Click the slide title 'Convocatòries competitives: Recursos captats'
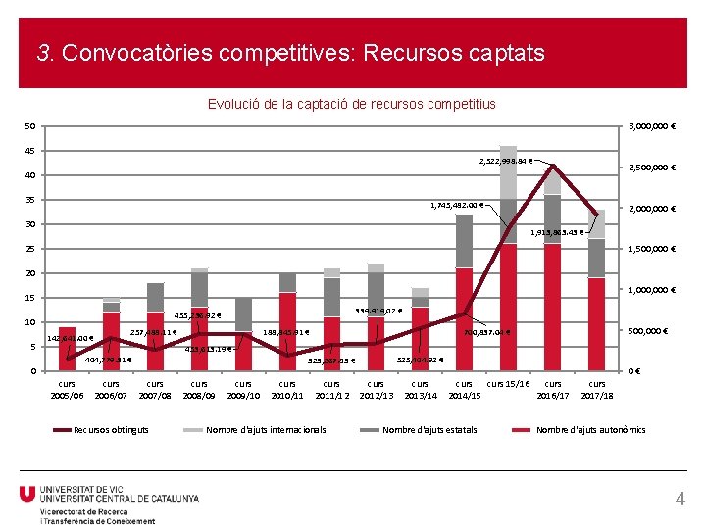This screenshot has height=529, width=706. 290,53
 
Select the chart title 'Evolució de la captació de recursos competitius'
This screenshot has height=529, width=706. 352,104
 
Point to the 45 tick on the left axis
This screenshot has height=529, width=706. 30,151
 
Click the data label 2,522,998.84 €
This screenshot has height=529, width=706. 506,161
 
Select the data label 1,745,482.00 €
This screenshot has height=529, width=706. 457,205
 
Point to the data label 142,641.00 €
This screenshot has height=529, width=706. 71,339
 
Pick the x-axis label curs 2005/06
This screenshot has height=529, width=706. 67,389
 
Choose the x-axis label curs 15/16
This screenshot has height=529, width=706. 508,384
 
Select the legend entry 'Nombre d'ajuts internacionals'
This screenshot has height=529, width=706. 266,430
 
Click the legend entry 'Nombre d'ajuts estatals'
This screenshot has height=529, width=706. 429,430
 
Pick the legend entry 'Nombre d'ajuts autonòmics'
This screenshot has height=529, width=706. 590,430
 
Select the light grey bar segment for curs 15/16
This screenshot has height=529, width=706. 508,172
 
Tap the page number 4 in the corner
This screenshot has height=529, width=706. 681,500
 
